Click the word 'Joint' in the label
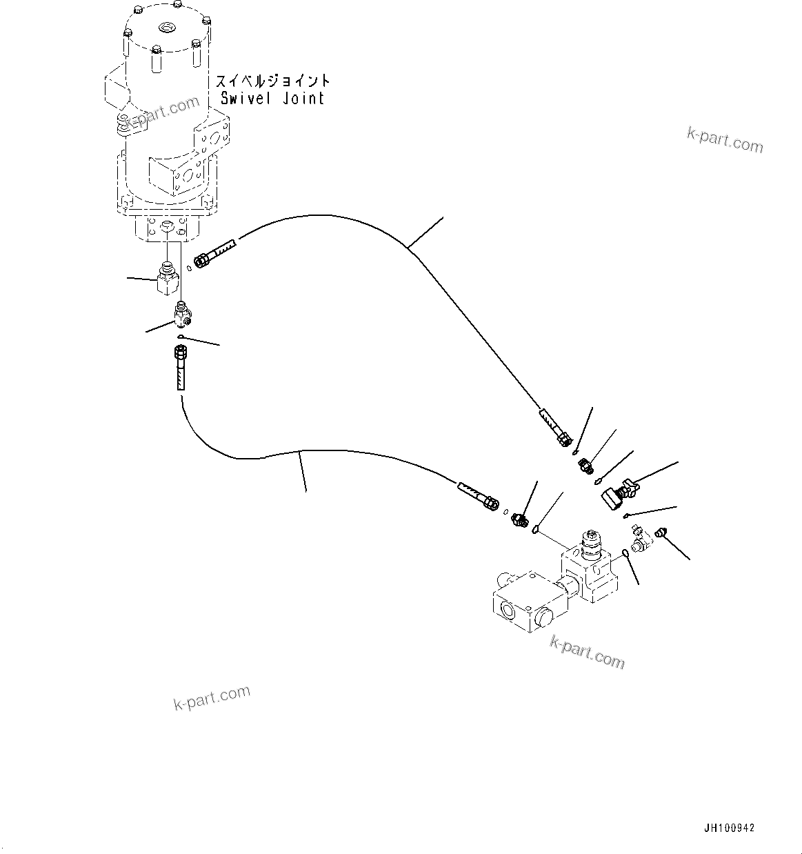point(303,98)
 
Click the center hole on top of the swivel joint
point(167,28)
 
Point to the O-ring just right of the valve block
point(624,552)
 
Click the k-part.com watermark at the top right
point(725,141)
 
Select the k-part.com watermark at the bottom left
point(211,698)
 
